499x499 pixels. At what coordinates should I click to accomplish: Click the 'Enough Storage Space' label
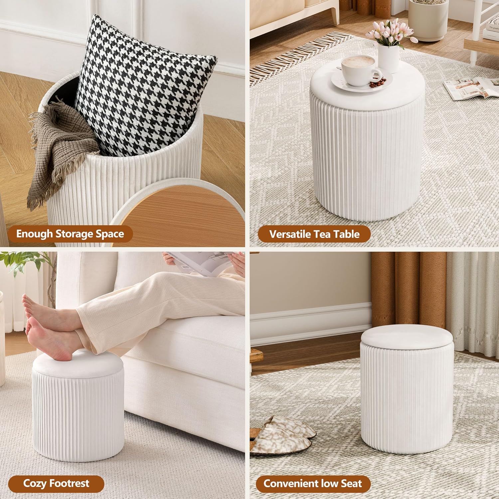pos(70,234)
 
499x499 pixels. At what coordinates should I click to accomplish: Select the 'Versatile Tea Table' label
pos(314,234)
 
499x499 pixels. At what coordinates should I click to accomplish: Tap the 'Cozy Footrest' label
pos(56,483)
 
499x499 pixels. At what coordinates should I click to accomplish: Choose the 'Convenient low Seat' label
pos(313,483)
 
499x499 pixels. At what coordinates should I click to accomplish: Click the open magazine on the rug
pos(471,87)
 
